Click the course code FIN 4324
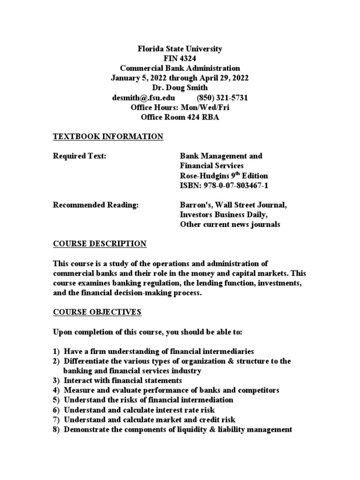(180, 59)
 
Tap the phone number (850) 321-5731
(219, 97)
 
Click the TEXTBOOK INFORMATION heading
(108, 137)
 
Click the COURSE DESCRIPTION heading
(99, 244)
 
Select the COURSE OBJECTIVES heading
(97, 312)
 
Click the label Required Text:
(80, 156)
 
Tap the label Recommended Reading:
(96, 205)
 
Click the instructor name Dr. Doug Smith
(180, 88)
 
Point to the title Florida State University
(180, 49)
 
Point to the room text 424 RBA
(202, 117)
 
